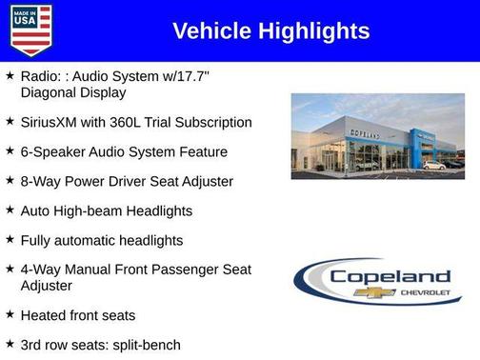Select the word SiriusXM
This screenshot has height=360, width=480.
[x=53, y=122]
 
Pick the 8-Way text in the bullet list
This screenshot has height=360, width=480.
[x=42, y=181]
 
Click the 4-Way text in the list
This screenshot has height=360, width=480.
[x=42, y=270]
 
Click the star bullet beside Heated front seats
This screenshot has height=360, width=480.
[x=10, y=313]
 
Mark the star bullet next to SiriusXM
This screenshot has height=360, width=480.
[x=10, y=121]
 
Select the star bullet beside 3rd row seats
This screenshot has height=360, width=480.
[x=10, y=343]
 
